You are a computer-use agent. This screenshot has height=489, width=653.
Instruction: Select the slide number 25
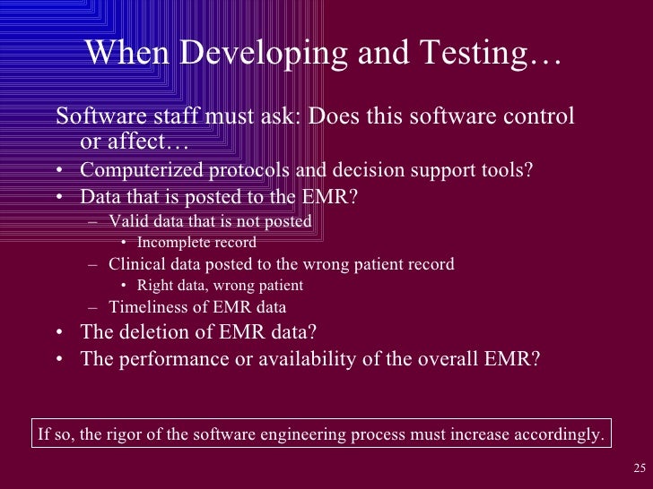[x=639, y=468]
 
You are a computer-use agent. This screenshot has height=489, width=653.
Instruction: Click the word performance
[x=164, y=359]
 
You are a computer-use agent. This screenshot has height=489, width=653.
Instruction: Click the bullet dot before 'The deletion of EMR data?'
[x=58, y=333]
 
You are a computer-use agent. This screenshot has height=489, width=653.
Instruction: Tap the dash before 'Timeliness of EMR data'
[x=94, y=307]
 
